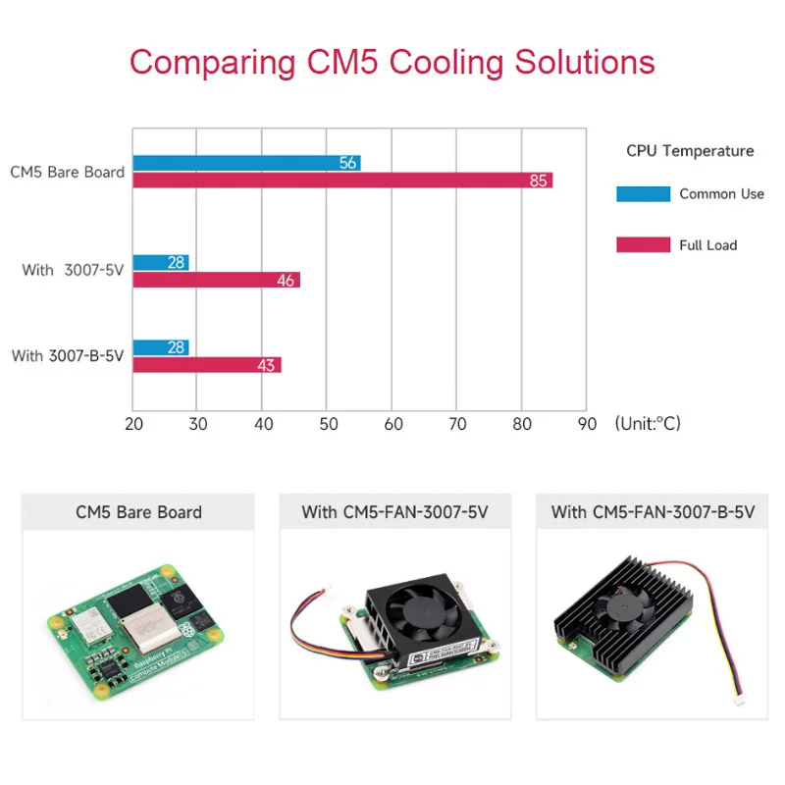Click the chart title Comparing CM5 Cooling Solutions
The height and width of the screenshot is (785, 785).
click(392, 62)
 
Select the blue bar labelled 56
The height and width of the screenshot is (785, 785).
click(247, 163)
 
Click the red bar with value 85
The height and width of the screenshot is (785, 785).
click(342, 181)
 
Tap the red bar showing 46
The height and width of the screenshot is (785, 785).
click(217, 280)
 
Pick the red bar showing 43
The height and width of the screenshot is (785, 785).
click(207, 365)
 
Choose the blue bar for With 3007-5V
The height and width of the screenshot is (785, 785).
click(161, 262)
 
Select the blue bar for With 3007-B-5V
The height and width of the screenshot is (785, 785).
click(161, 347)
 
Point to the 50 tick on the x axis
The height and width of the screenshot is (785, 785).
click(329, 424)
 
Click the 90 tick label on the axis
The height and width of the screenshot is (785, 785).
click(587, 424)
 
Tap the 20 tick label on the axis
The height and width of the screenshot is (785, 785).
click(133, 424)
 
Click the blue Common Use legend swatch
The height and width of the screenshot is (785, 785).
click(644, 193)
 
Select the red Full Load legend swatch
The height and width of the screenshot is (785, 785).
click(644, 244)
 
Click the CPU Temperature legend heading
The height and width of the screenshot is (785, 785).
click(690, 151)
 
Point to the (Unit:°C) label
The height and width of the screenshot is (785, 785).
click(648, 424)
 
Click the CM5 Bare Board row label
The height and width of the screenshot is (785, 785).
click(67, 172)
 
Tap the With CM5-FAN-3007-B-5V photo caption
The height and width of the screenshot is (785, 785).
click(653, 512)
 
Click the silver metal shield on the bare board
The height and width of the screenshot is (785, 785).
click(150, 627)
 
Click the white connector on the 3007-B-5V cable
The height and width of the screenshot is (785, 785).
click(740, 701)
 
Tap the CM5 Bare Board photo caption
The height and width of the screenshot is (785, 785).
click(138, 512)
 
